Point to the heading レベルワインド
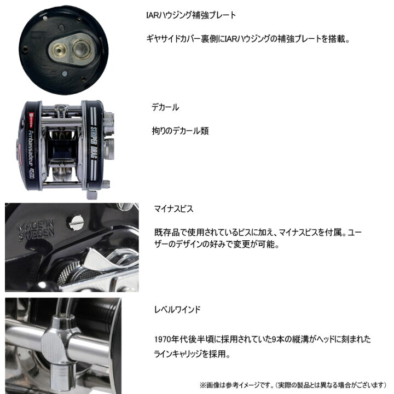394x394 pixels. [x=178, y=310]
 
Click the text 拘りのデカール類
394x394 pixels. [x=180, y=131]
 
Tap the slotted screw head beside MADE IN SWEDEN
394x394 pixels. [x=75, y=222]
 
